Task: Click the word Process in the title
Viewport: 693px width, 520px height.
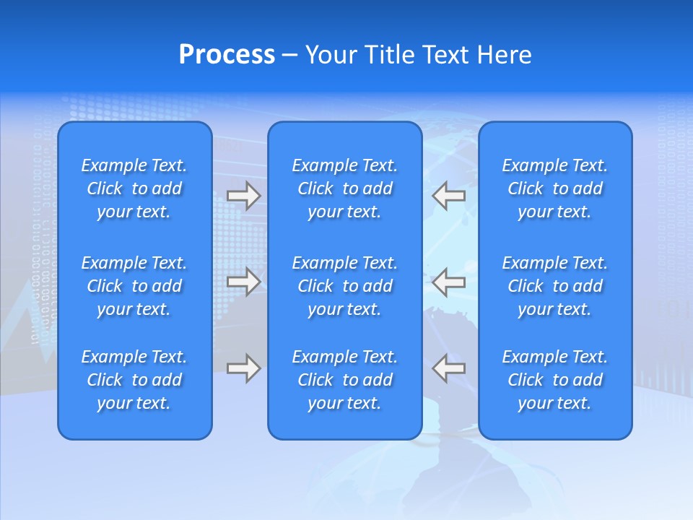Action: pos(227,55)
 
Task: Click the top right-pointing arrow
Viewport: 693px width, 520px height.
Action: pos(243,195)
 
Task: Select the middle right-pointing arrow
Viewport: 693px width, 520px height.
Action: pos(243,281)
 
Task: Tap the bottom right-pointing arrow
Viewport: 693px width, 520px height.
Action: pos(243,368)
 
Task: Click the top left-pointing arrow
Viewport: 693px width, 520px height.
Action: pos(448,195)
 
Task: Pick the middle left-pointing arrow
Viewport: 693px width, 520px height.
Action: pos(448,281)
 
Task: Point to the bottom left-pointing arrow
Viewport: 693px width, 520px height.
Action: pos(448,368)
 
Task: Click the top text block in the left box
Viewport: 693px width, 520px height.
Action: pos(134,188)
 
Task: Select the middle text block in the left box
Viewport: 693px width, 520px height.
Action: pos(134,286)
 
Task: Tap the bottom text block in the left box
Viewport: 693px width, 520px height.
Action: pos(134,380)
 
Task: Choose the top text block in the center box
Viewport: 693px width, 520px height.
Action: pos(344,188)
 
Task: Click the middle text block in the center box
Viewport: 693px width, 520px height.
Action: pos(344,286)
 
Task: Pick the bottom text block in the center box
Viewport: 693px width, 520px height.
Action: pos(344,380)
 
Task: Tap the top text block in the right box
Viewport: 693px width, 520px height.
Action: pos(554,188)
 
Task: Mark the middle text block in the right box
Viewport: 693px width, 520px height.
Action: pos(554,286)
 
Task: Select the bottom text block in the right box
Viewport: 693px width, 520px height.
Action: pos(554,380)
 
